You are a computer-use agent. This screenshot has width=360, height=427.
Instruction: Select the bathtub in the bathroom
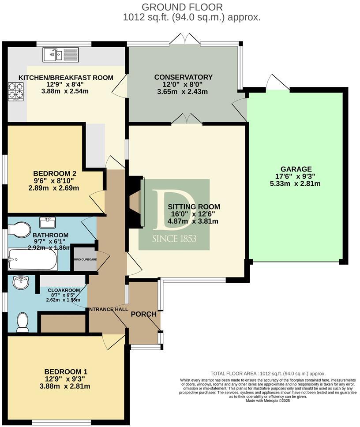(33, 260)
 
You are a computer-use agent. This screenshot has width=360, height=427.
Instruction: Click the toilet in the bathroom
(19, 230)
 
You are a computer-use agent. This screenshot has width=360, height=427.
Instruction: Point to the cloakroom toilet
(22, 322)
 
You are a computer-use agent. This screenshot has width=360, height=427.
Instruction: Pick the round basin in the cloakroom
(20, 282)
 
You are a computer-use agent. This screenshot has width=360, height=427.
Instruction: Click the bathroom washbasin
(48, 221)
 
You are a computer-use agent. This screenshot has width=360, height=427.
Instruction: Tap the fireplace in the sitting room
(135, 203)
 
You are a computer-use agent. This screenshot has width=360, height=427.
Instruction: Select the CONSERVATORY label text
(183, 77)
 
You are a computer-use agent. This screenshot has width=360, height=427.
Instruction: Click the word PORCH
(143, 314)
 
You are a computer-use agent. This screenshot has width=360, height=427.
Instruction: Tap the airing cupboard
(85, 259)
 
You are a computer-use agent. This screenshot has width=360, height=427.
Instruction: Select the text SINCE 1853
(174, 239)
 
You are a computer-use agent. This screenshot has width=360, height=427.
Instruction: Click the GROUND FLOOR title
(182, 7)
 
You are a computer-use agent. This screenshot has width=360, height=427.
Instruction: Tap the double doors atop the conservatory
(185, 39)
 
